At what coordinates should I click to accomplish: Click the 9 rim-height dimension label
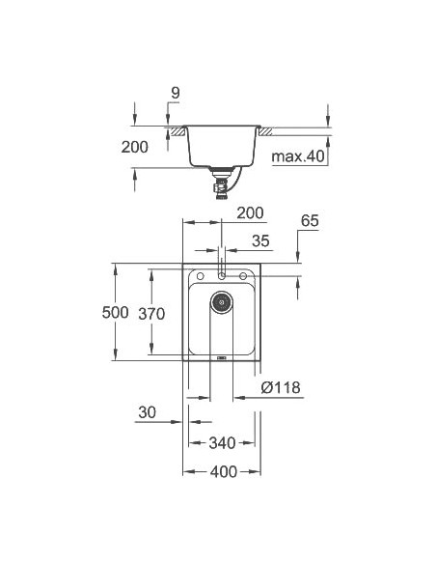point(175,93)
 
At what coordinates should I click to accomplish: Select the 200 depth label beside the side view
point(135,147)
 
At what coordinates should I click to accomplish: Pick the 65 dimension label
point(309,221)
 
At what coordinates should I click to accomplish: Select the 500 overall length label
point(115,313)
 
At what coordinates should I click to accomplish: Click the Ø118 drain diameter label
point(281,388)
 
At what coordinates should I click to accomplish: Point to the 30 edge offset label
point(147,412)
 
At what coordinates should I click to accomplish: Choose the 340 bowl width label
point(223,443)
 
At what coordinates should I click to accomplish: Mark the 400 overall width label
point(223,474)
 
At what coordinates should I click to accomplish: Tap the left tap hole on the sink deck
point(200,276)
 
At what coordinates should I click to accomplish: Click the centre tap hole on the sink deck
point(222,276)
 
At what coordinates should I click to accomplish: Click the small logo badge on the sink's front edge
point(222,357)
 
